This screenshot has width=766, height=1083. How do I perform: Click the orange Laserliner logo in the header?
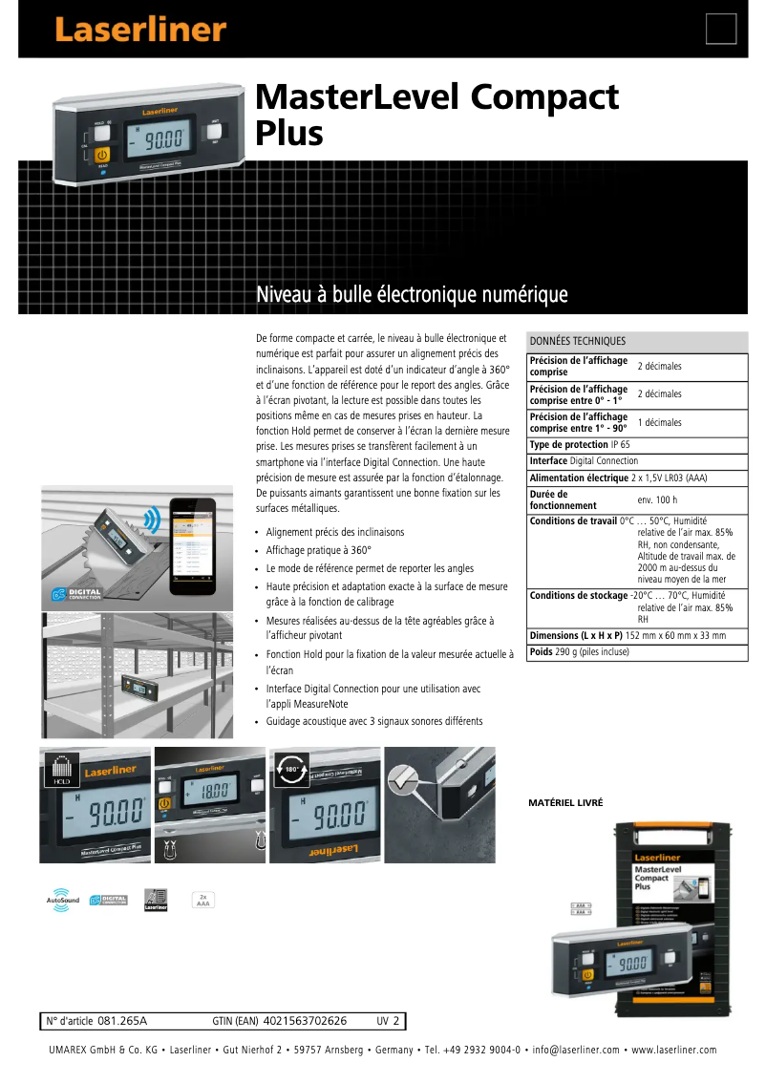coord(139,30)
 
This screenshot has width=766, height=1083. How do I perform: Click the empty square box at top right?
coord(721,30)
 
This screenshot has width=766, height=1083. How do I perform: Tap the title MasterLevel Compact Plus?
coord(436,114)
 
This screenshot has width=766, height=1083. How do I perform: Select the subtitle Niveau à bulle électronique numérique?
coord(412,295)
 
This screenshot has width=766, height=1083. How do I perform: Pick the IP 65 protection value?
coord(620,445)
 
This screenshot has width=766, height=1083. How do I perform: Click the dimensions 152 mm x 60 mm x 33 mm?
coord(675,635)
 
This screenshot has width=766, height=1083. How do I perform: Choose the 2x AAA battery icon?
coord(202,900)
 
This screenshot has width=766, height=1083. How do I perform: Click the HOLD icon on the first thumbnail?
coord(59,767)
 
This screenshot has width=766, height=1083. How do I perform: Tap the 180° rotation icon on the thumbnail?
coord(288,769)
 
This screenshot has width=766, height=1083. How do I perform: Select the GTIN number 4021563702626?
coord(305,1021)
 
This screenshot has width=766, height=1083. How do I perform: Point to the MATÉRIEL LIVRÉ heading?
coord(565,803)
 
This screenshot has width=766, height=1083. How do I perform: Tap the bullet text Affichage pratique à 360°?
coord(318,550)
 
